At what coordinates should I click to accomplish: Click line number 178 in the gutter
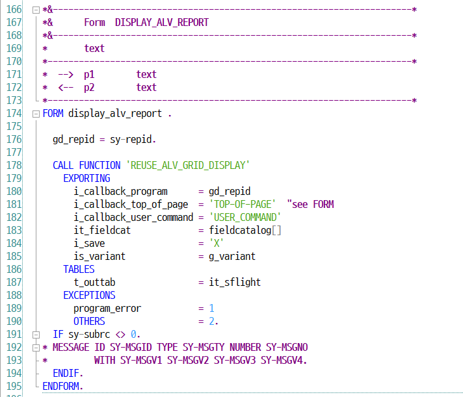(x=15, y=165)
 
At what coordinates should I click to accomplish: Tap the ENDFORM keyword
(x=63, y=386)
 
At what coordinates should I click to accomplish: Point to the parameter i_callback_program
(x=120, y=191)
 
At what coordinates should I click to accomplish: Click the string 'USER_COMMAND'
(x=245, y=217)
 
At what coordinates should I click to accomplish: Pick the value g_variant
(x=232, y=256)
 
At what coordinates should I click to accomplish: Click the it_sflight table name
(x=235, y=282)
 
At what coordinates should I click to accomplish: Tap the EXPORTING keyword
(x=86, y=178)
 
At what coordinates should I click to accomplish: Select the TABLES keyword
(x=79, y=269)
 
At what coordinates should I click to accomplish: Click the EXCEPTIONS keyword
(x=89, y=295)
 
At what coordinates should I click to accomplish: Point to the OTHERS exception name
(x=89, y=321)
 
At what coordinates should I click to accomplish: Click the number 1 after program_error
(x=211, y=308)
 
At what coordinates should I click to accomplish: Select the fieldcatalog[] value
(x=245, y=230)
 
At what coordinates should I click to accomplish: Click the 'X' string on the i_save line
(x=217, y=243)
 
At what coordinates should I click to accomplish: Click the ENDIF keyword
(x=68, y=373)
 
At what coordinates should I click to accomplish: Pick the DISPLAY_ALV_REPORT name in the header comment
(x=162, y=22)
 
